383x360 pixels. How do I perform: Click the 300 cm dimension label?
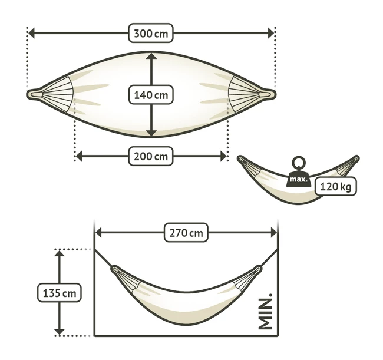151,33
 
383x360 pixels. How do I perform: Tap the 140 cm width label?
151,95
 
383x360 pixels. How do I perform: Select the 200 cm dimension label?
151,156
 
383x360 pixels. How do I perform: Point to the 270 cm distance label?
186,233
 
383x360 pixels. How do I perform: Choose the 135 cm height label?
60,293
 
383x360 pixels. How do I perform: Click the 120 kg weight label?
335,187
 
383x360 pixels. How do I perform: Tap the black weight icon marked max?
298,179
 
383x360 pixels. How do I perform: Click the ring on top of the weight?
299,163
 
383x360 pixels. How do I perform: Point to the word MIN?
265,311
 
